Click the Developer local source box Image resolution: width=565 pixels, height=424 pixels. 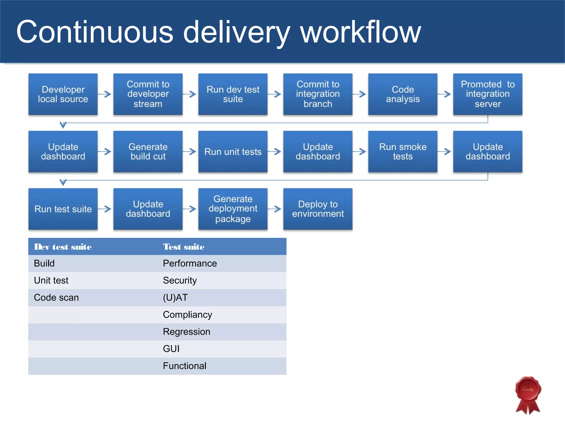(x=63, y=94)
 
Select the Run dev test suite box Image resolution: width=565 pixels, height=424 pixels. (x=233, y=94)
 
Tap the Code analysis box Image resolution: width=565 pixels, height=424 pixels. (x=403, y=94)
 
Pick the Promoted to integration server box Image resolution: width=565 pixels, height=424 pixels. (x=487, y=94)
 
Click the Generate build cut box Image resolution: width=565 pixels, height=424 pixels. (x=148, y=152)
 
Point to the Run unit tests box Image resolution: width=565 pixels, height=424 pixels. (x=233, y=152)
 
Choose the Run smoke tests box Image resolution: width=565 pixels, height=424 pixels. (x=403, y=152)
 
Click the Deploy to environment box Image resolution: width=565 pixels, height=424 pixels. (x=318, y=209)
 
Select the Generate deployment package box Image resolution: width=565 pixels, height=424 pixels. (x=233, y=209)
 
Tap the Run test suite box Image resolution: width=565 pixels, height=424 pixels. (x=63, y=209)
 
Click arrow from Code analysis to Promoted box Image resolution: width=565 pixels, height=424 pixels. (x=444, y=94)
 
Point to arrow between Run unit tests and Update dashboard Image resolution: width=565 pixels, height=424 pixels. (x=274, y=152)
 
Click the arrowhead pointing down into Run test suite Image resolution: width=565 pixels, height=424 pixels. (x=63, y=182)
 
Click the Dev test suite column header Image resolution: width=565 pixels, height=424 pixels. (x=63, y=247)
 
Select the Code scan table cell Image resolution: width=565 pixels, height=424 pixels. (x=56, y=298)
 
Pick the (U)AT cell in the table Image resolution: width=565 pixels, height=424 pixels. (x=175, y=298)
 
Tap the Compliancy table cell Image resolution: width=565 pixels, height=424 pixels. (x=188, y=315)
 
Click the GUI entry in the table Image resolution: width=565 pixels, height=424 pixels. (x=171, y=349)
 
